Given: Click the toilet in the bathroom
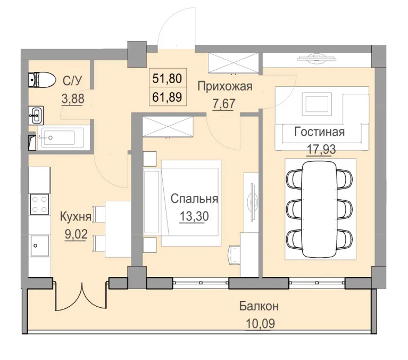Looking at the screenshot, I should (x=42, y=80).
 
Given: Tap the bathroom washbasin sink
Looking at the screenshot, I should (x=36, y=113).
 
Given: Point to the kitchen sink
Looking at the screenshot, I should (x=39, y=246).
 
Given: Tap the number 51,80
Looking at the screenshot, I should (x=167, y=78).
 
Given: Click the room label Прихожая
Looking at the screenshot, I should (x=224, y=85).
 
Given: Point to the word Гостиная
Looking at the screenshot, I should (x=320, y=132).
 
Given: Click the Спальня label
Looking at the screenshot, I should (x=194, y=199).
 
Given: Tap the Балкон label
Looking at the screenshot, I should (x=259, y=306).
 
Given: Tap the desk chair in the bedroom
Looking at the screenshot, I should (x=235, y=253).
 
